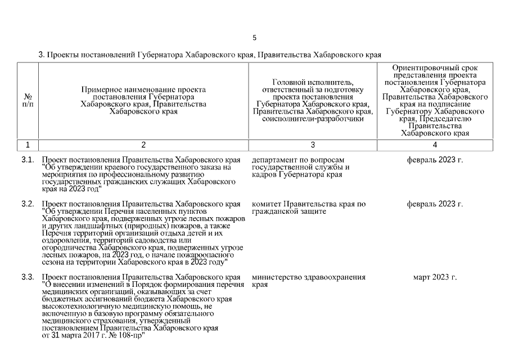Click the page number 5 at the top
coord(254,38)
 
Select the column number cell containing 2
coord(143,145)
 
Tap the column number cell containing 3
coord(313,145)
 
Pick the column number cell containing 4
coord(435,145)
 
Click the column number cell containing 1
coord(28,145)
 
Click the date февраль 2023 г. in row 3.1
coord(435,160)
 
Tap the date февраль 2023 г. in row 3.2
coord(435,204)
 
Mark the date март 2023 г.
coord(435,277)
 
